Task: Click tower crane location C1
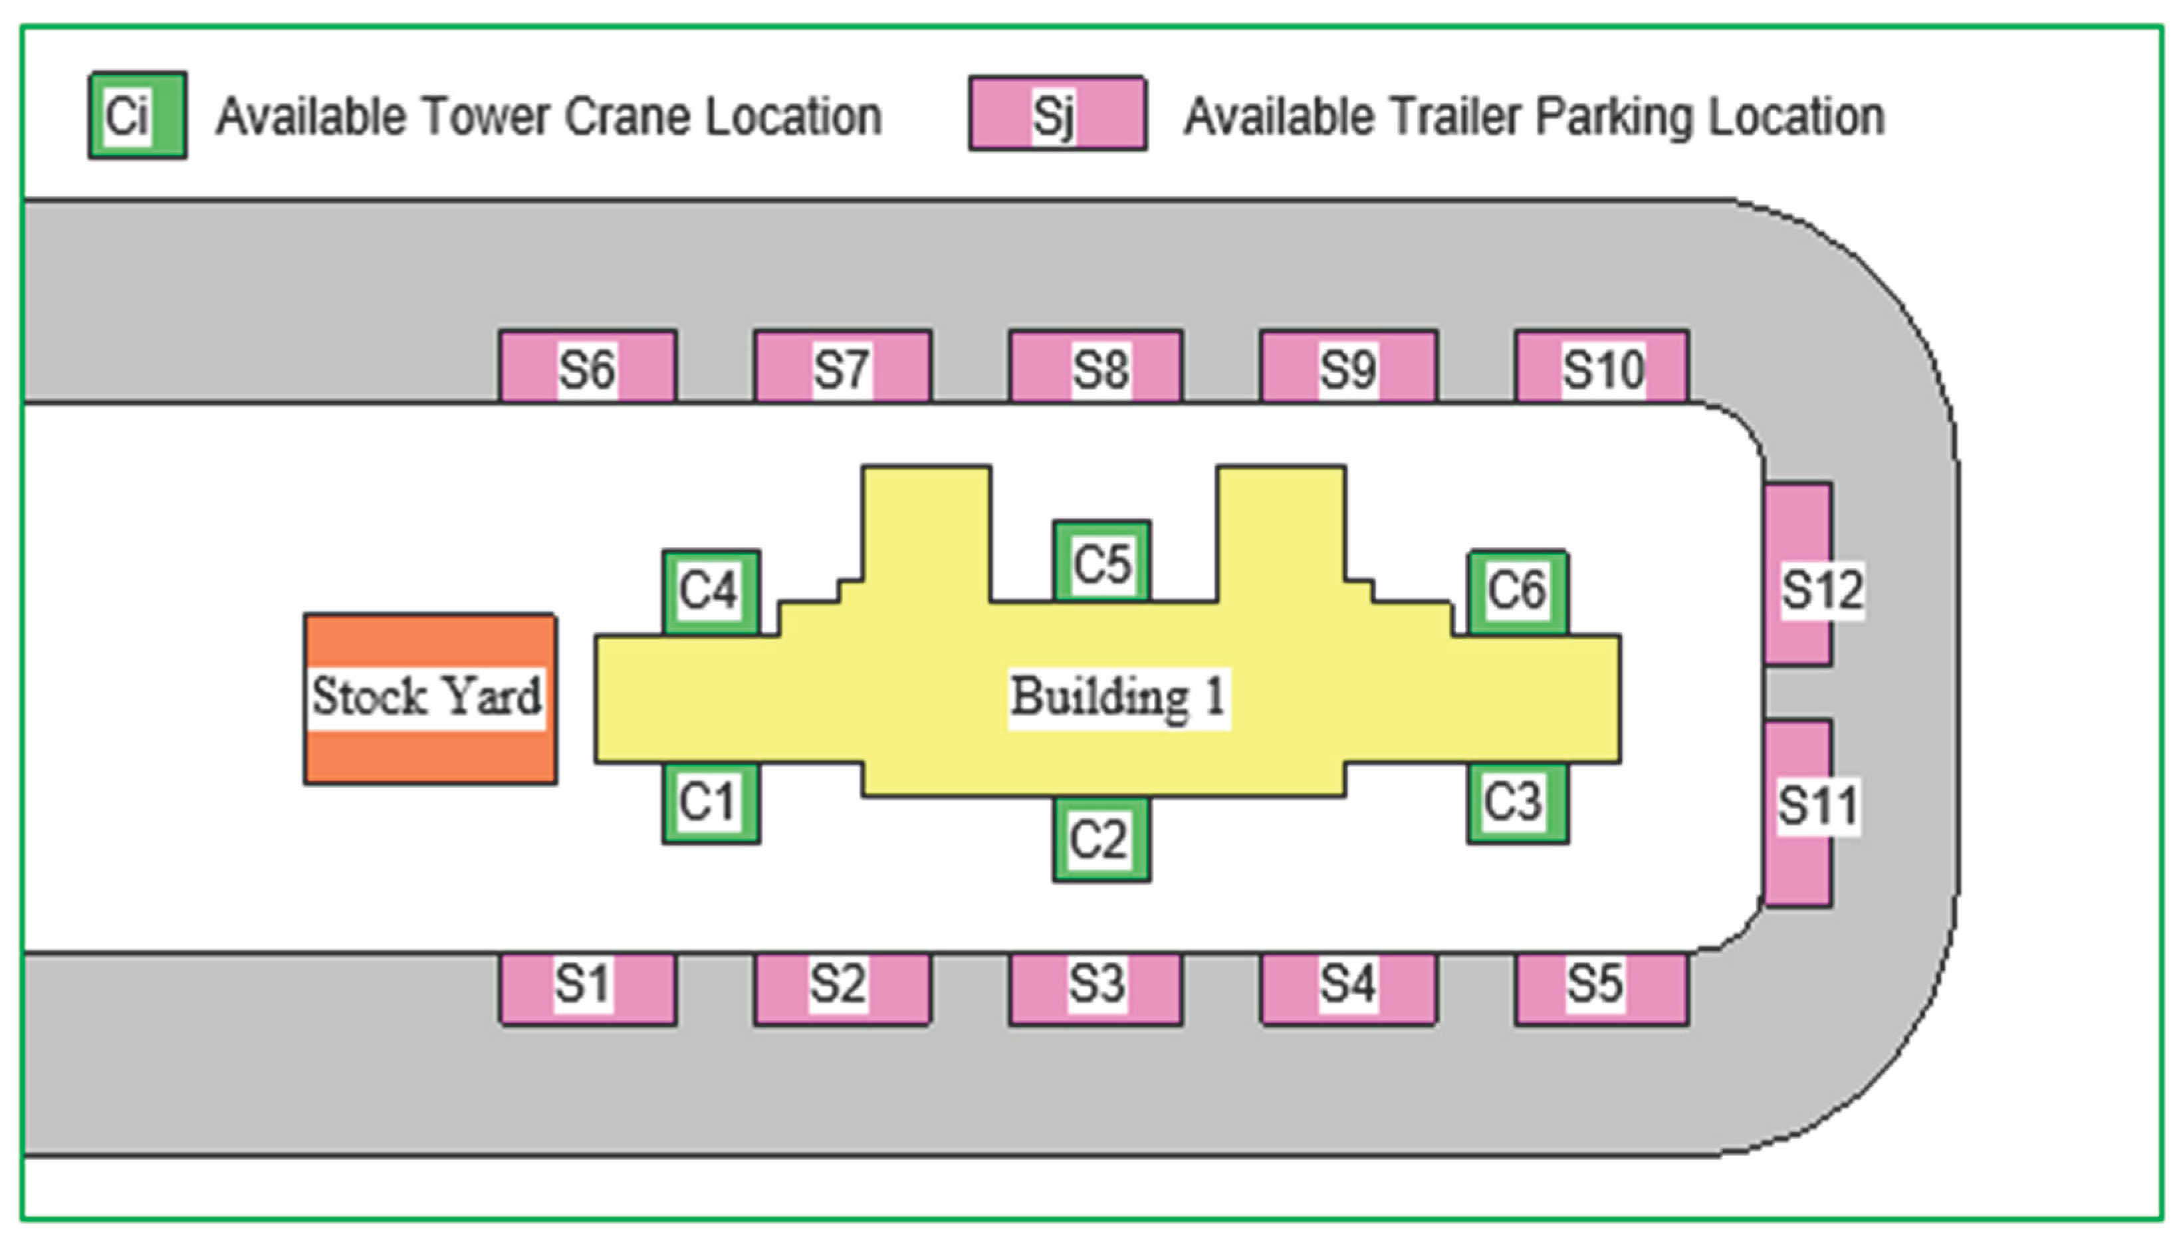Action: click(710, 804)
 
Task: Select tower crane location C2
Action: click(1101, 839)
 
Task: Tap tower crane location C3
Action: click(1517, 804)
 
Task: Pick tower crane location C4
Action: click(710, 592)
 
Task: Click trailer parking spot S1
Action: click(588, 989)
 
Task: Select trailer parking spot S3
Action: click(1095, 989)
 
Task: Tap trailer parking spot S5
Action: click(1601, 989)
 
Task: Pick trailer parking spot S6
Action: click(588, 367)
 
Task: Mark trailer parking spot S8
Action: click(1095, 367)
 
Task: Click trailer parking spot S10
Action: click(1601, 367)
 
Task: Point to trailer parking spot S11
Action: click(1799, 812)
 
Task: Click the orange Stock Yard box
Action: click(429, 698)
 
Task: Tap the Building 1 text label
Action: click(1117, 697)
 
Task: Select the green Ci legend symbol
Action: click(137, 115)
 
